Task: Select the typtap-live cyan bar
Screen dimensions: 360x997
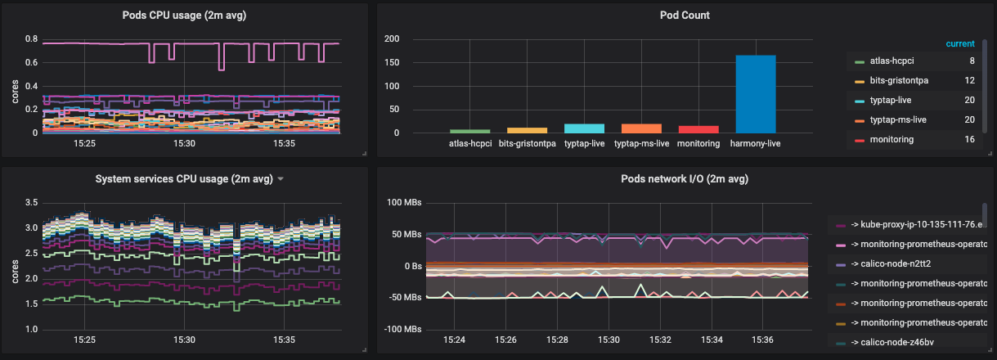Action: click(x=584, y=128)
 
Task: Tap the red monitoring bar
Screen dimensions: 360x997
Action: click(x=698, y=129)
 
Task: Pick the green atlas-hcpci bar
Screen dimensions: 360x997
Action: click(x=469, y=131)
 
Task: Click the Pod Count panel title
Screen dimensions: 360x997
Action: click(x=685, y=15)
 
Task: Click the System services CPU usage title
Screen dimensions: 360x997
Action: click(x=183, y=178)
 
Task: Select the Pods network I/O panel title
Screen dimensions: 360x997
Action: click(x=685, y=178)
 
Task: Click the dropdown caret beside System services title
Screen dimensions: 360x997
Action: click(x=281, y=179)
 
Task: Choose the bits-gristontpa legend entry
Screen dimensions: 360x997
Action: click(x=897, y=81)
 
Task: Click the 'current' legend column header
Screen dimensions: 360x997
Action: click(x=960, y=43)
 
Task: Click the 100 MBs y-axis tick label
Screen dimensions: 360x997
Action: click(x=403, y=202)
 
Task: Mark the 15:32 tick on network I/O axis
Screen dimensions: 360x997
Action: click(x=660, y=339)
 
